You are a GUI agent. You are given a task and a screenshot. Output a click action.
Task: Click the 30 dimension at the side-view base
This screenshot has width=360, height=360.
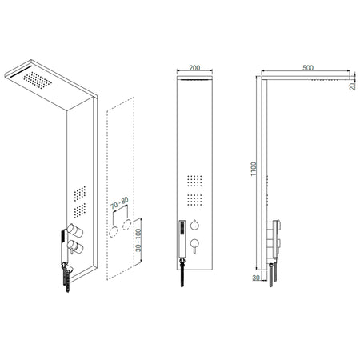tap(256, 277)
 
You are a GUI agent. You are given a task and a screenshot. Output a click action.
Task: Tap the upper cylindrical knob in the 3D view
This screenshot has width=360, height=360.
tap(74, 230)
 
